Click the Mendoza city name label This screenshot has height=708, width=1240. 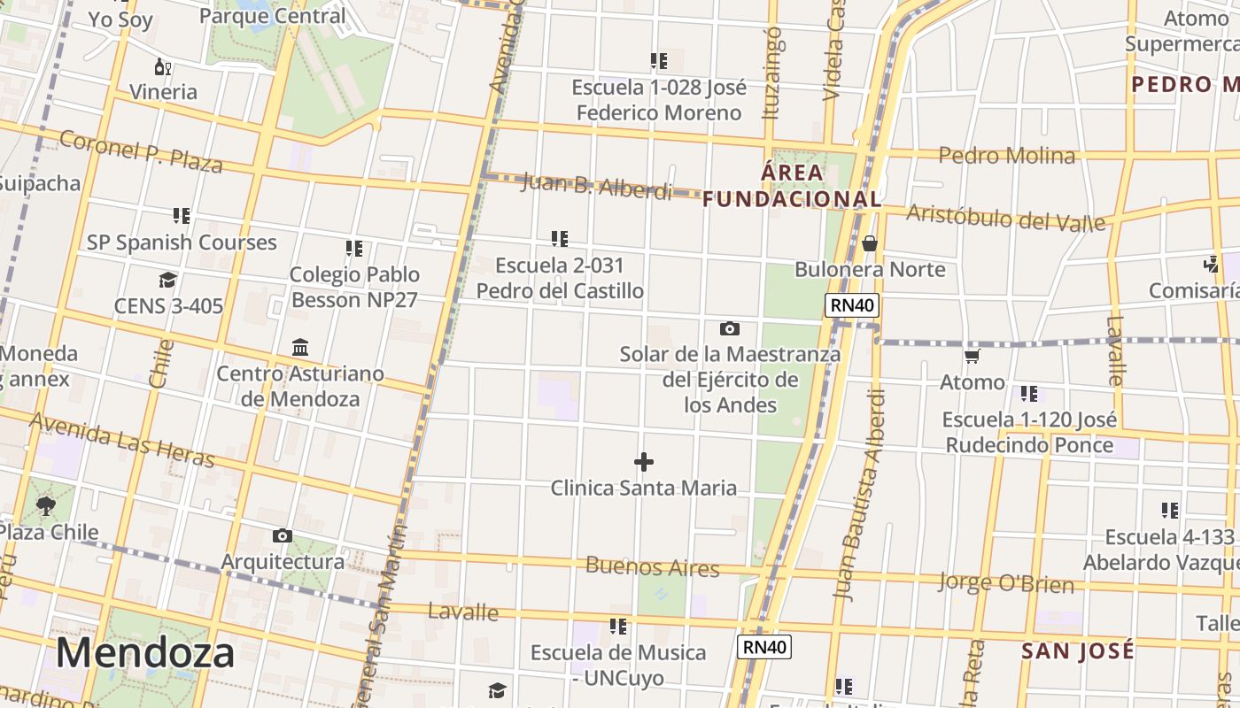145,653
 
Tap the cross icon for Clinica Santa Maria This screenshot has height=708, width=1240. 644,462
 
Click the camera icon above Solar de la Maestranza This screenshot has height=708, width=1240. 729,328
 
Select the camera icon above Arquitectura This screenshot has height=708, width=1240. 283,535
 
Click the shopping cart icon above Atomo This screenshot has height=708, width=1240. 973,356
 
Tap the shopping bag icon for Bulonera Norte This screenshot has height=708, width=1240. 870,242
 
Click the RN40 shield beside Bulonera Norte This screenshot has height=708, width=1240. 851,306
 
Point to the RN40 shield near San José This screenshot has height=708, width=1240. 763,647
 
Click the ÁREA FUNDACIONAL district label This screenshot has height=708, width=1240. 793,185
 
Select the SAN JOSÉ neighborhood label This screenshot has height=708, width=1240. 1077,651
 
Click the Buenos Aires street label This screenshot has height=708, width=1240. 652,566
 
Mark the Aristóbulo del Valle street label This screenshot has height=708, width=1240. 1006,216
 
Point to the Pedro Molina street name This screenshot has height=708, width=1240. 1006,156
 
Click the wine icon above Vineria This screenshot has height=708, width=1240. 163,66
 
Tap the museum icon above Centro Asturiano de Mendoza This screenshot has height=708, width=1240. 300,347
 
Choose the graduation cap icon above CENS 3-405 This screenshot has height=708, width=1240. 167,281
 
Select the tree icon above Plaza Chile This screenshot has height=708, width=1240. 46,506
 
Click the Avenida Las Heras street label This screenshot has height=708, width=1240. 122,439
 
